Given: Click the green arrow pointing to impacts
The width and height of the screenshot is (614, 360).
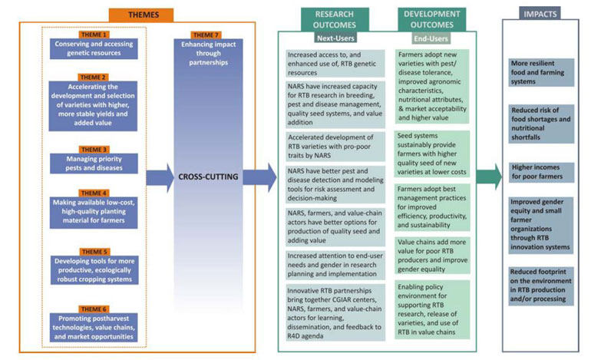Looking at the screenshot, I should point(488,176).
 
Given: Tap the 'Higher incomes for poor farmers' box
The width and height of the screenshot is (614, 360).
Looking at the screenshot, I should point(541,171).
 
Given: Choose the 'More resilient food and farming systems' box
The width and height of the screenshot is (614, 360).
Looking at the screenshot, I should point(541,71).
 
